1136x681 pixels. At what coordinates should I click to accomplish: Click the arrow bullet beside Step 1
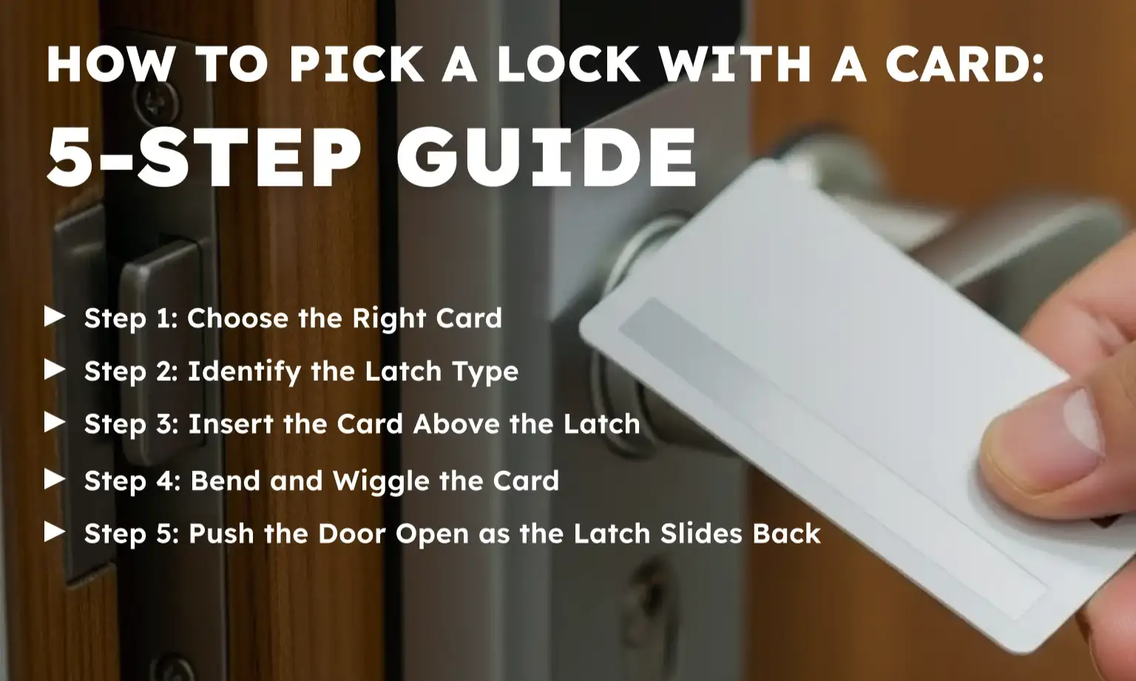click(55, 316)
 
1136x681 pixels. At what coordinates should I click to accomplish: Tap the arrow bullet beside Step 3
click(55, 422)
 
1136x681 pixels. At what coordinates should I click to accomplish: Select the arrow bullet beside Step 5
click(55, 532)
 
